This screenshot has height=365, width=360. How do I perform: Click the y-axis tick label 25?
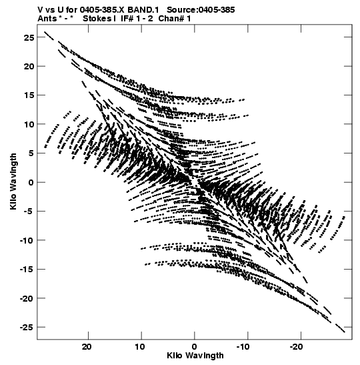coord(29,37)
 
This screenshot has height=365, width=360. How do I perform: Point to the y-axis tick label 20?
coord(29,66)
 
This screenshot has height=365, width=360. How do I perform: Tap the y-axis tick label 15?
coord(29,95)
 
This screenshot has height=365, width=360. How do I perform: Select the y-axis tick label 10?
coord(29,124)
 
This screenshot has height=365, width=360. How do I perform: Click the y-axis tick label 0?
coord(31,182)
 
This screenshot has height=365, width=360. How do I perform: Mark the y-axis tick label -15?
coord(27,270)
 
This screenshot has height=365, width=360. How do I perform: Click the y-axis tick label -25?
coord(27,327)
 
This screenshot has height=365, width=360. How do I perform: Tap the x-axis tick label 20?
coord(87,347)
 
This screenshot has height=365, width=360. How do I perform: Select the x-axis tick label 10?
coord(140,347)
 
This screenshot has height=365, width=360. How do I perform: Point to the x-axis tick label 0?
coord(195,347)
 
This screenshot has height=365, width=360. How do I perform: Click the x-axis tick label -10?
coord(243,347)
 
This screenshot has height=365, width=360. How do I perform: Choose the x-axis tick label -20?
coord(297,347)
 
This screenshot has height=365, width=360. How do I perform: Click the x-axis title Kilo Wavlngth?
coord(195,356)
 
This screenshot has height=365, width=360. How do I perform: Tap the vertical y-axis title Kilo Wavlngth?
coord(13,181)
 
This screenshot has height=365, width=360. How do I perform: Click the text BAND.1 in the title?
coord(143,10)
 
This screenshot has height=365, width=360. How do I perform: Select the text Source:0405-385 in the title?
coord(201,10)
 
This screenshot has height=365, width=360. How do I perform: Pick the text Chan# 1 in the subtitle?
coord(175,19)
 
